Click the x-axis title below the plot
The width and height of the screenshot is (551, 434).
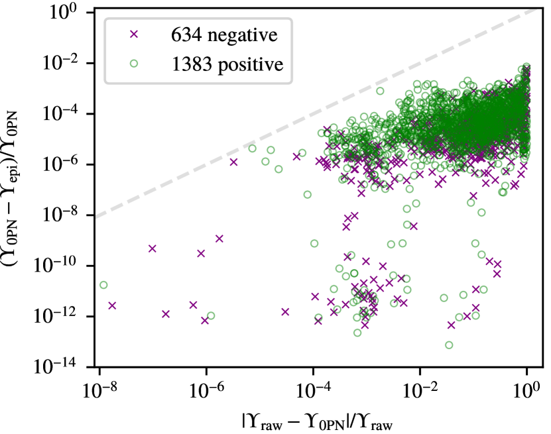pos(313,420)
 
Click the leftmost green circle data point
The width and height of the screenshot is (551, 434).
pos(103,285)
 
